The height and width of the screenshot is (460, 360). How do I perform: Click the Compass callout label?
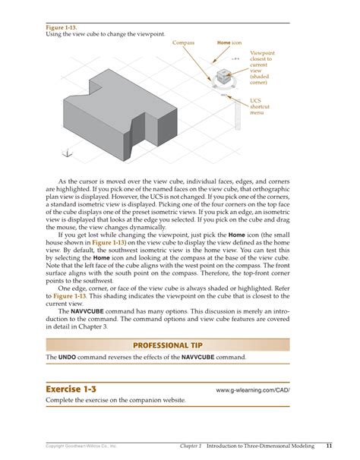tap(184, 43)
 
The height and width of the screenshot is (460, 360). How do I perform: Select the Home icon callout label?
tap(229, 43)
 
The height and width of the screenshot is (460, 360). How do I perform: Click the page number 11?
tap(328, 445)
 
